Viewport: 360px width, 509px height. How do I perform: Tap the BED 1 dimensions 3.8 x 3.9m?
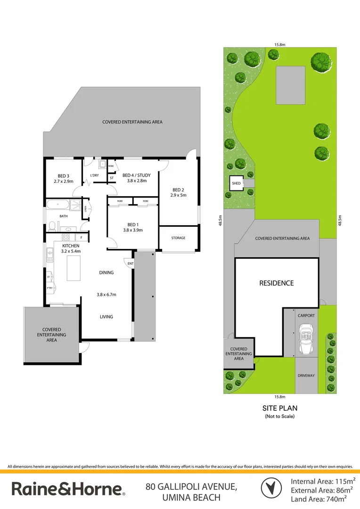click(132, 230)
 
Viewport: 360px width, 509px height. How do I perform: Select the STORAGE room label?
click(178, 238)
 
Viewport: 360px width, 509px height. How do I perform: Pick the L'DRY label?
click(94, 176)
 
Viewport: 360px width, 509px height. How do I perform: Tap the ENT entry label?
click(131, 263)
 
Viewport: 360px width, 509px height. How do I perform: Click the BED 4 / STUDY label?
click(137, 175)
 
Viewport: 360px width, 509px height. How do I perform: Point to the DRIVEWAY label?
click(306, 376)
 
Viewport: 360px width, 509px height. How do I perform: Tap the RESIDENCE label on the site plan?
click(277, 283)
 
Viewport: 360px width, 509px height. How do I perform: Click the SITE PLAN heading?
click(280, 408)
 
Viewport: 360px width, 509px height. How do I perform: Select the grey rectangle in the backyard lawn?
click(290, 85)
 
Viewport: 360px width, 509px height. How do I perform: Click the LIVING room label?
click(106, 317)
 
